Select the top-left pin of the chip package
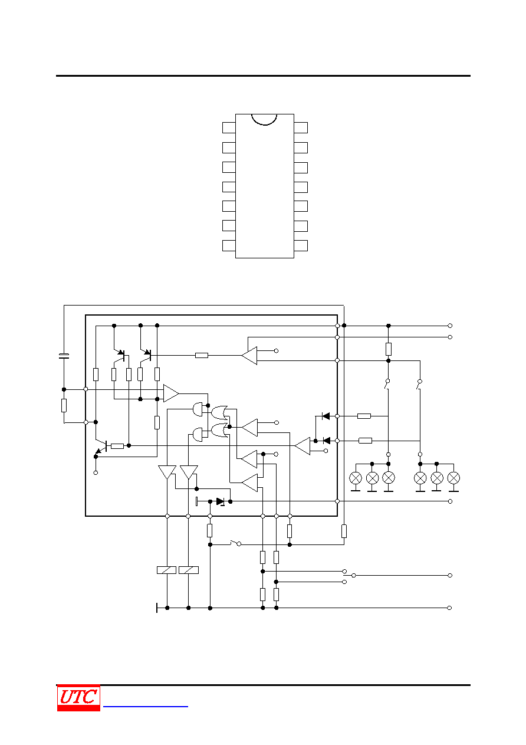click(229, 128)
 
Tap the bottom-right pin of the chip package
click(301, 246)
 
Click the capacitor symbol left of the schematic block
click(64, 356)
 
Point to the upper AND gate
click(198, 409)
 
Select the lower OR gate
click(219, 431)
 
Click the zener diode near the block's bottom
click(221, 501)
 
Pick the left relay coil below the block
click(166, 570)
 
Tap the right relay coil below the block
click(189, 570)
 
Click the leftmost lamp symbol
click(356, 478)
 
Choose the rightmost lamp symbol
click(453, 478)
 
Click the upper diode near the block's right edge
click(326, 416)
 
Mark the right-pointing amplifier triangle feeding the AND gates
click(171, 393)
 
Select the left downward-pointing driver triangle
click(167, 472)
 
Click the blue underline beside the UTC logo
click(146, 707)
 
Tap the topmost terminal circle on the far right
click(450, 326)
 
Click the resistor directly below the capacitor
click(64, 405)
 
